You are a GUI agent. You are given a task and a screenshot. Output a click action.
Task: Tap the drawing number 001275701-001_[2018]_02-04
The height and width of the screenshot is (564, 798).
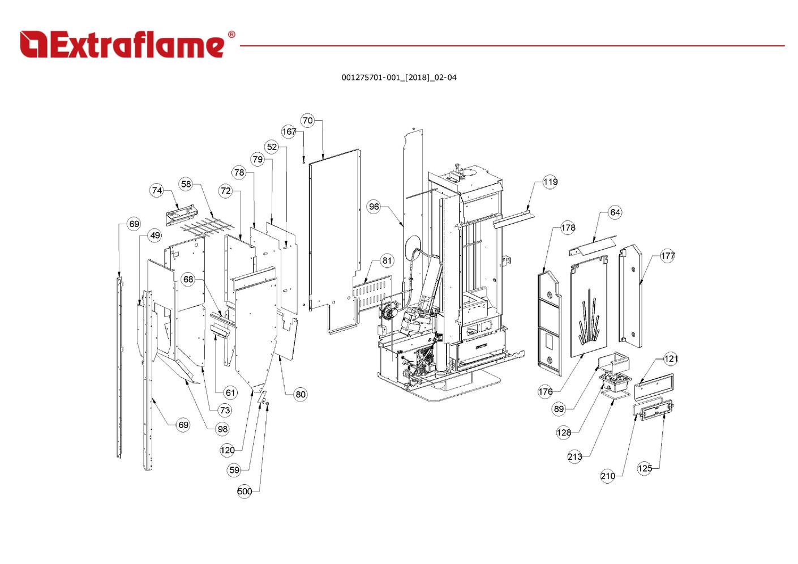pyautogui.click(x=398, y=78)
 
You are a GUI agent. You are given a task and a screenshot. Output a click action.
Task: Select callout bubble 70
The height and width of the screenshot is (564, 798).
pyautogui.click(x=307, y=121)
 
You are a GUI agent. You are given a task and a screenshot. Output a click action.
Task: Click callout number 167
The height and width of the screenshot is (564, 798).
pyautogui.click(x=289, y=131)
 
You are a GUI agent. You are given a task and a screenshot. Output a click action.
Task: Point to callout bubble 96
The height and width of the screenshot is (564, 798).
pyautogui.click(x=374, y=207)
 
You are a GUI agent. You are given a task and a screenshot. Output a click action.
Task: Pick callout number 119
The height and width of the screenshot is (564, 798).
pyautogui.click(x=550, y=182)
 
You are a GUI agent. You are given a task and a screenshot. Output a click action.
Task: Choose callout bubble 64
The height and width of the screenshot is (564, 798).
pyautogui.click(x=615, y=212)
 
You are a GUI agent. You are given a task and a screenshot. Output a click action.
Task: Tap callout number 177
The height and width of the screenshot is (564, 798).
pyautogui.click(x=668, y=256)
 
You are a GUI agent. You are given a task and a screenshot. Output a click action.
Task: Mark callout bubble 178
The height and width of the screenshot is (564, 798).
pyautogui.click(x=568, y=228)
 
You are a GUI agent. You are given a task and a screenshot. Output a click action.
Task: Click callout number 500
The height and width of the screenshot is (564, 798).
pyautogui.click(x=244, y=492)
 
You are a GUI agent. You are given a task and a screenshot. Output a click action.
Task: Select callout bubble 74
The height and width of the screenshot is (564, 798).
pyautogui.click(x=157, y=191)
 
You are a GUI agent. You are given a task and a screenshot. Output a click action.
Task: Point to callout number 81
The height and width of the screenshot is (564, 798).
pyautogui.click(x=387, y=261)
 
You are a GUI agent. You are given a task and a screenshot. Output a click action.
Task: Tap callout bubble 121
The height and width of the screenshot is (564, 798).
pyautogui.click(x=671, y=358)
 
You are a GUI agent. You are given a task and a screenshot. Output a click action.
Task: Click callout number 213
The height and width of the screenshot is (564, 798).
pyautogui.click(x=574, y=457)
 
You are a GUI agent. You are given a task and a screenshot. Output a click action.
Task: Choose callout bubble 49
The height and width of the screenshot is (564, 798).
pyautogui.click(x=155, y=236)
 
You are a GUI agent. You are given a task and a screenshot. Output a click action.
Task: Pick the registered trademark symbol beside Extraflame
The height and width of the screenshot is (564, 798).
pyautogui.click(x=231, y=35)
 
